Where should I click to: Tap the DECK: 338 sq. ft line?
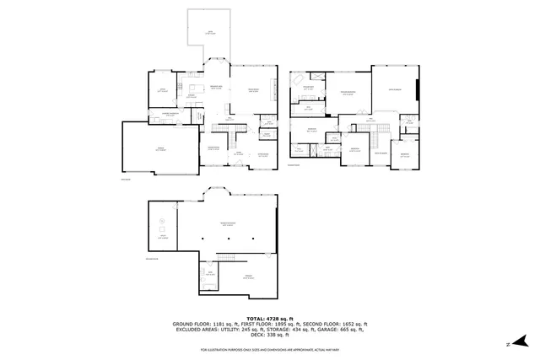coord(270,335)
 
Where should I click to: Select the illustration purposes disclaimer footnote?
coord(270,349)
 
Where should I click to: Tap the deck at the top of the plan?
coord(210,34)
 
